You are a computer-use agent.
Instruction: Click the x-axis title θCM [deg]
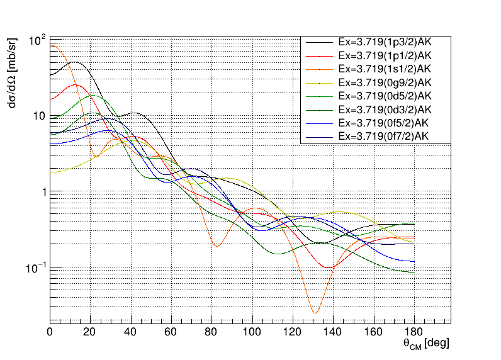tap(426, 344)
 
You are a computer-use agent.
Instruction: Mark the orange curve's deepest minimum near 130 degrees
tap(315, 312)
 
